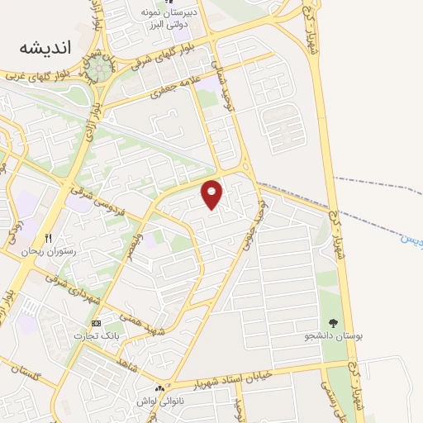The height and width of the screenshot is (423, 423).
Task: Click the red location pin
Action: (x=212, y=194)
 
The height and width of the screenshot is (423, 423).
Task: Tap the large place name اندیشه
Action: (x=46, y=49)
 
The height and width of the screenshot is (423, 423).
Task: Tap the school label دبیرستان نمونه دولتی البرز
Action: (x=170, y=19)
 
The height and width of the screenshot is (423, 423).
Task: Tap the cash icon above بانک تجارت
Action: (x=97, y=322)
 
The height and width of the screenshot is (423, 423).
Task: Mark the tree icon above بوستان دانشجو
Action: (x=333, y=323)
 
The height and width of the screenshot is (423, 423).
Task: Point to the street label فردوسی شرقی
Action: (x=93, y=196)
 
